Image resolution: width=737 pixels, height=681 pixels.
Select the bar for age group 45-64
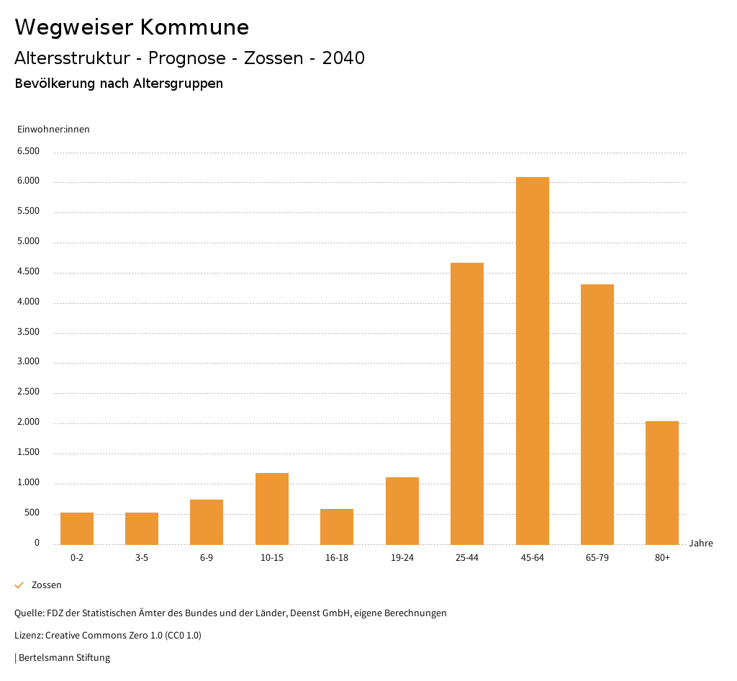pos(532,360)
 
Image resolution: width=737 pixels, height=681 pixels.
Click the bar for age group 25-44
pos(467,403)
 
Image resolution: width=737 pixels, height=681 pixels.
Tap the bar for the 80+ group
pos(662,482)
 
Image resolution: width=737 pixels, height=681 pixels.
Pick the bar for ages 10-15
pos(272,508)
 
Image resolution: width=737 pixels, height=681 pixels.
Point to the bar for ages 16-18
pos(337,526)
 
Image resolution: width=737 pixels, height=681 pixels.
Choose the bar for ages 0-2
pos(77,528)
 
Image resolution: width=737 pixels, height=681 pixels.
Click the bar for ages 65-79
pos(597,414)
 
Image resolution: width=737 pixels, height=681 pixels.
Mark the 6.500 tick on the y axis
pos(28,151)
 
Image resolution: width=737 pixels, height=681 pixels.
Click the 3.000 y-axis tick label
pos(28,362)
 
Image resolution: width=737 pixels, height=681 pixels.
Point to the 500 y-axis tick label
pos(32,513)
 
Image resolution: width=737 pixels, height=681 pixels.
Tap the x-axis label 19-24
pos(402,558)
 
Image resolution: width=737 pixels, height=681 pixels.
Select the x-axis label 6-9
pos(207,558)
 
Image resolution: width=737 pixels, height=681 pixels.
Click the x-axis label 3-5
pos(142,558)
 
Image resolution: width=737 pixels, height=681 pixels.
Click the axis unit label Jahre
pos(701,544)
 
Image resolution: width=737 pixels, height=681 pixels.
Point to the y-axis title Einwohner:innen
pos(53,130)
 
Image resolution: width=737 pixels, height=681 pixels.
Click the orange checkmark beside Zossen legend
pos(19,585)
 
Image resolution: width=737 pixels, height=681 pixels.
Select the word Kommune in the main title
pos(194,27)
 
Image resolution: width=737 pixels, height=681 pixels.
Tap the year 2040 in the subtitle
pos(343,58)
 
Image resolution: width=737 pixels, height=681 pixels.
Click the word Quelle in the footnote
pos(29,613)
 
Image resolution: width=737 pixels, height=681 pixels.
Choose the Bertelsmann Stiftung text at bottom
pos(64,658)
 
